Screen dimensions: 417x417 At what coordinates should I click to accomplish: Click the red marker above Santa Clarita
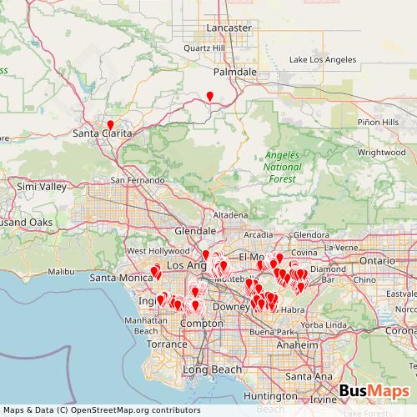(x=110, y=124)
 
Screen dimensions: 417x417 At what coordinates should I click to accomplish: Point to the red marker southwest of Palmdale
(x=210, y=95)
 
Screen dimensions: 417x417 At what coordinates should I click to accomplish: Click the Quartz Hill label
(x=205, y=48)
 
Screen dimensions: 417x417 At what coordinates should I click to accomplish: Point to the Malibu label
(x=63, y=272)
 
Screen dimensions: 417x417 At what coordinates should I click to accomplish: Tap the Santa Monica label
(x=118, y=277)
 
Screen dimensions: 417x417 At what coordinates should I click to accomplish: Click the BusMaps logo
(x=374, y=391)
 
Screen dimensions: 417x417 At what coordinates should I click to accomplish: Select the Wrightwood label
(x=379, y=153)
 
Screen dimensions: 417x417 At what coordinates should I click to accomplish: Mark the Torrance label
(x=162, y=344)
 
